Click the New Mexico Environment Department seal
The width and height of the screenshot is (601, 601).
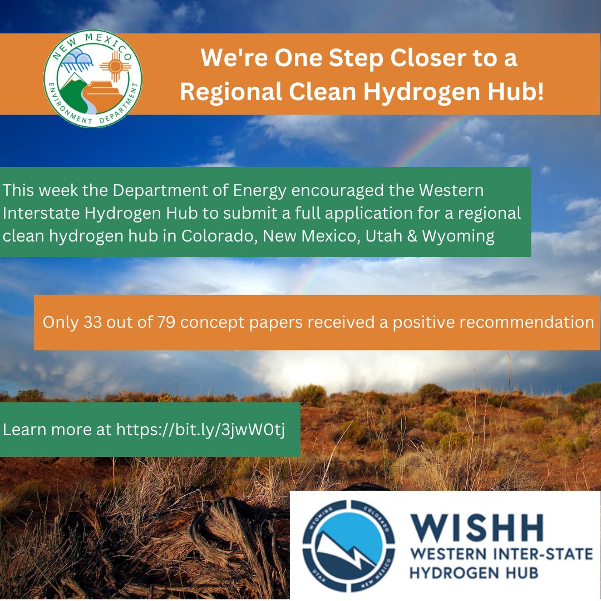point(92,78)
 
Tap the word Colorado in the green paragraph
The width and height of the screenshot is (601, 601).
point(218,236)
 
